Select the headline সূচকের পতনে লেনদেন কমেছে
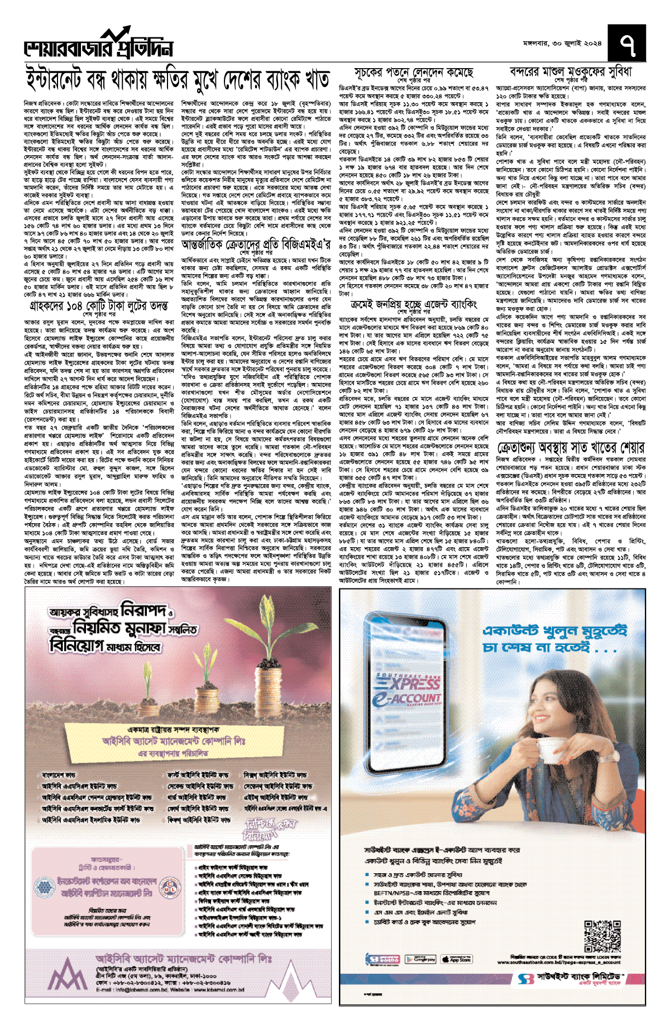point(414,73)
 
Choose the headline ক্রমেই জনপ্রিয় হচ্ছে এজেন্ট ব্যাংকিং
point(414,304)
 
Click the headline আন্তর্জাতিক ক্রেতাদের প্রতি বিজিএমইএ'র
point(260,245)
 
